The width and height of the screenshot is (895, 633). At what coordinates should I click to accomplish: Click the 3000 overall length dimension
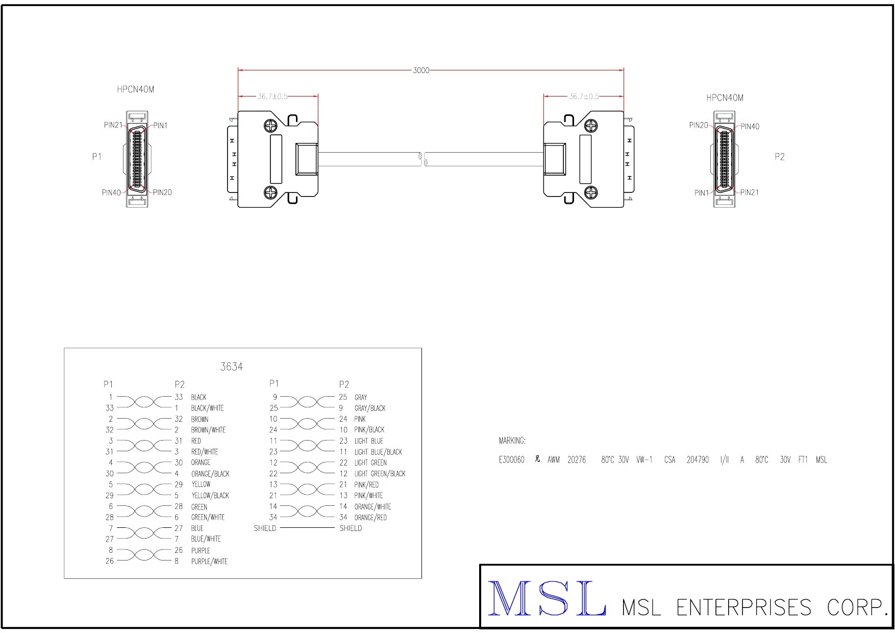point(421,70)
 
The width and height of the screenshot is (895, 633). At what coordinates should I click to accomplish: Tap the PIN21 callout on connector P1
point(113,125)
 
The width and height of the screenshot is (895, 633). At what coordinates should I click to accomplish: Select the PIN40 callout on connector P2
point(750,127)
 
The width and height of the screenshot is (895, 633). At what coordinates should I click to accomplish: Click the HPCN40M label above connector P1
point(135,89)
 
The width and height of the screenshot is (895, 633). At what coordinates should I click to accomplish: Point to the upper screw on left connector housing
point(270,126)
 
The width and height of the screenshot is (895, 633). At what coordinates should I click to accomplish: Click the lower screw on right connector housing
point(591,192)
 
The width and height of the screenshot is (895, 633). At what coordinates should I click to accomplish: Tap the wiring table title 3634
point(231,367)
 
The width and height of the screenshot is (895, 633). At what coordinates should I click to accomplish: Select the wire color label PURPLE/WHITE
point(209,562)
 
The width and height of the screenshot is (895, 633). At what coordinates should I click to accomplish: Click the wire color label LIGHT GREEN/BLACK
point(380,474)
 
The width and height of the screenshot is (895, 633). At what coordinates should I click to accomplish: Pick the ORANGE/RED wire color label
point(370,518)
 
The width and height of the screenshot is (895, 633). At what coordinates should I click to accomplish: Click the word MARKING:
point(512,441)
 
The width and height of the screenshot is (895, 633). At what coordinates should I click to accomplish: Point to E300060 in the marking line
point(511,460)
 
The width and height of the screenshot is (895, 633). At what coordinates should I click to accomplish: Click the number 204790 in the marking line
point(697,460)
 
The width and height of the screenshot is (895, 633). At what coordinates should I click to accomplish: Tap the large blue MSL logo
point(548,598)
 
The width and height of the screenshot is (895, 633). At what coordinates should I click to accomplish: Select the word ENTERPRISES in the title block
point(743,607)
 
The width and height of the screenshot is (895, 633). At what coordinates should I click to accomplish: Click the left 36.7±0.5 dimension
point(272,96)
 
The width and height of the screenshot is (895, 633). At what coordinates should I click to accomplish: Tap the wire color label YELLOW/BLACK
point(210,496)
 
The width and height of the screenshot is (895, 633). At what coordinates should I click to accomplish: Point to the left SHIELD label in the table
point(265,528)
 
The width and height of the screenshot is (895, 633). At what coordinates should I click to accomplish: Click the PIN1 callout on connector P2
point(701,193)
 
